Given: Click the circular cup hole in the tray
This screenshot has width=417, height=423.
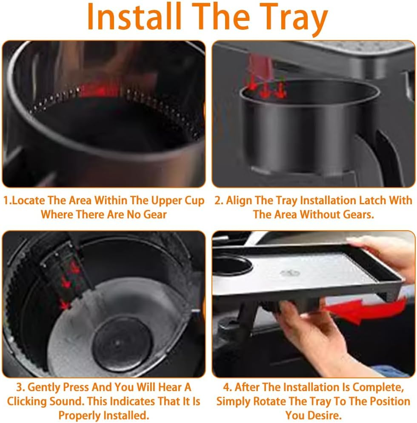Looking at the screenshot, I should click(232, 265).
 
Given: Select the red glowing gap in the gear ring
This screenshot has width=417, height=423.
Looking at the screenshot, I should click(96, 90).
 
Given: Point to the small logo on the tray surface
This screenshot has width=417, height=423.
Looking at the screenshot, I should click(290, 272).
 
